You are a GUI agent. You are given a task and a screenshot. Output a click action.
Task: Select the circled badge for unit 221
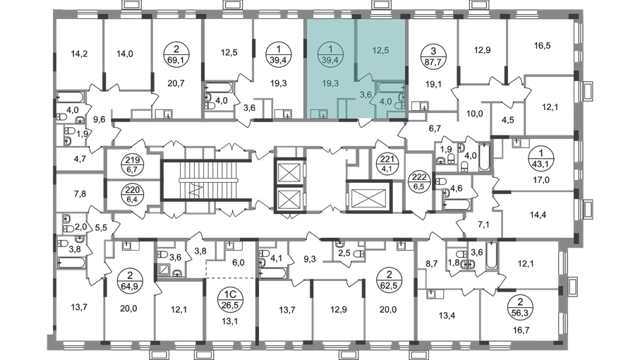pyautogui.click(x=387, y=164)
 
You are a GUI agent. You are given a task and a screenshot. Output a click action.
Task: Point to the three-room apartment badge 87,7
pyautogui.click(x=433, y=57)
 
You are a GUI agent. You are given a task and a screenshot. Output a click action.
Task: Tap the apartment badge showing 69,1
pyautogui.click(x=176, y=56)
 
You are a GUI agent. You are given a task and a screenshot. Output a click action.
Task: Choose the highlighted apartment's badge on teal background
pyautogui.click(x=330, y=56)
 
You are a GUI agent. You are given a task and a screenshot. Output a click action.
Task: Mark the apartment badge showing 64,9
pyautogui.click(x=129, y=280)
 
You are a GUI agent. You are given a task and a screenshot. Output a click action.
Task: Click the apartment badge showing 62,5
pyautogui.click(x=389, y=280)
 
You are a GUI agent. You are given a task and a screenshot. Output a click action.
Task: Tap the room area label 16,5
pyautogui.click(x=542, y=46)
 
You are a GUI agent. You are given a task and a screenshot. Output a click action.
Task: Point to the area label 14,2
pyautogui.click(x=79, y=54)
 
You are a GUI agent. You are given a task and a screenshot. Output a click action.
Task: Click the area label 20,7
pyautogui.click(x=176, y=83)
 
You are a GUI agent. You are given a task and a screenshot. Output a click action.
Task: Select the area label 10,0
pyautogui.click(x=474, y=114)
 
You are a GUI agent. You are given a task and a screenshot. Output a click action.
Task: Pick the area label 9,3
pyautogui.click(x=310, y=258)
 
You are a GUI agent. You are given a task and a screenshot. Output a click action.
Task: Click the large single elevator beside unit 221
pyautogui.click(x=368, y=197)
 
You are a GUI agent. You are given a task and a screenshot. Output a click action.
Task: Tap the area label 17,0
pyautogui.click(x=541, y=179)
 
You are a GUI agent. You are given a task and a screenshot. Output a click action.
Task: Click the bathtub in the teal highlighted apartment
pyautogui.click(x=390, y=87)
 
